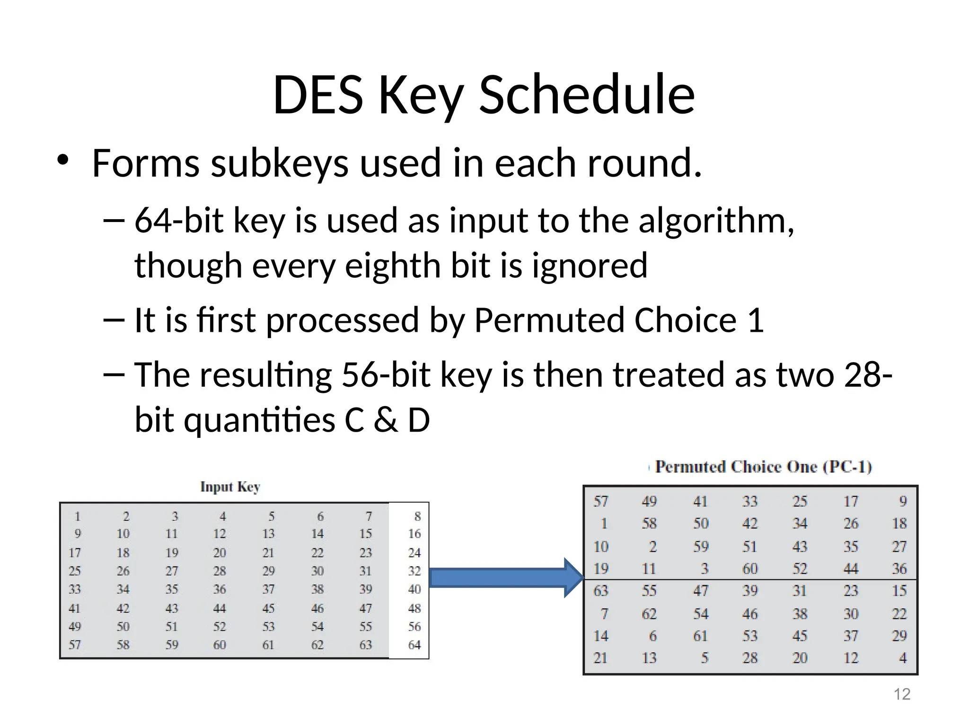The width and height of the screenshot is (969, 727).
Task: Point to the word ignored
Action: (x=590, y=266)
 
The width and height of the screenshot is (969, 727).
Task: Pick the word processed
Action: (x=343, y=320)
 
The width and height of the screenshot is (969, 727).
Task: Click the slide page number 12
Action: (x=902, y=694)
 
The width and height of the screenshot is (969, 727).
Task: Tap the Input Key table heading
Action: (x=230, y=487)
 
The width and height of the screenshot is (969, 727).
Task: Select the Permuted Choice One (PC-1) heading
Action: (x=763, y=467)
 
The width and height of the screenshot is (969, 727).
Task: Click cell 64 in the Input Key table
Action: (x=414, y=645)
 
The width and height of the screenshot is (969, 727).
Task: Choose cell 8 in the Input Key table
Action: (x=417, y=516)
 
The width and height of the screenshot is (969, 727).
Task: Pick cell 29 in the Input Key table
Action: (x=268, y=571)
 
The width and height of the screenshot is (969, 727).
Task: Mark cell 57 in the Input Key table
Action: (x=75, y=645)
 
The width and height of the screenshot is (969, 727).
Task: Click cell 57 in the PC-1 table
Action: (x=601, y=501)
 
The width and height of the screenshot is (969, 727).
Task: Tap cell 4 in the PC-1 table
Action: (x=902, y=658)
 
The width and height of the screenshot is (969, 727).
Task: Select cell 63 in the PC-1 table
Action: (x=601, y=591)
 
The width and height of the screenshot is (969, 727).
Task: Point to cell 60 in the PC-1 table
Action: (x=749, y=568)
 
